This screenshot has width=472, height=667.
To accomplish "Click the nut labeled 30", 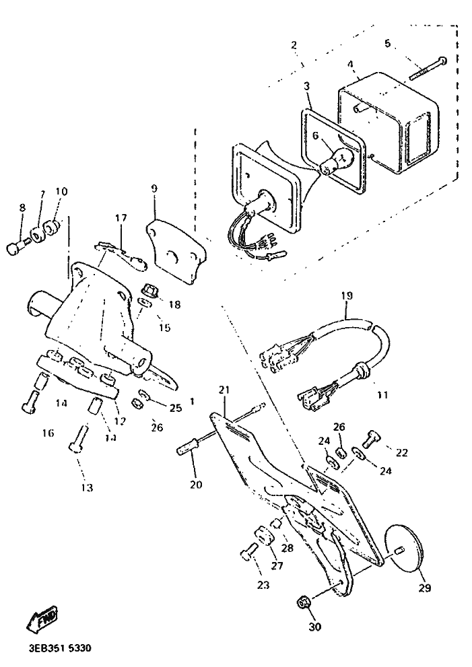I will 304,601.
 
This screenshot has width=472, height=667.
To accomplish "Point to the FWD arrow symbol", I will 42,619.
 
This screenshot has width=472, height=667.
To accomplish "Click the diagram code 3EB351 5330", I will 59,649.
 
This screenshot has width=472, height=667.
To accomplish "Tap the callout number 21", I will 224,391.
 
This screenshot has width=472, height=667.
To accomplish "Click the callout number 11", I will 382,395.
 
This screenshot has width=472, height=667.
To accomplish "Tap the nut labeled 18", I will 150,289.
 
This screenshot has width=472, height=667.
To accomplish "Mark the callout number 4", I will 351,65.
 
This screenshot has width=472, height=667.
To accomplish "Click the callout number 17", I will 121,218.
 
